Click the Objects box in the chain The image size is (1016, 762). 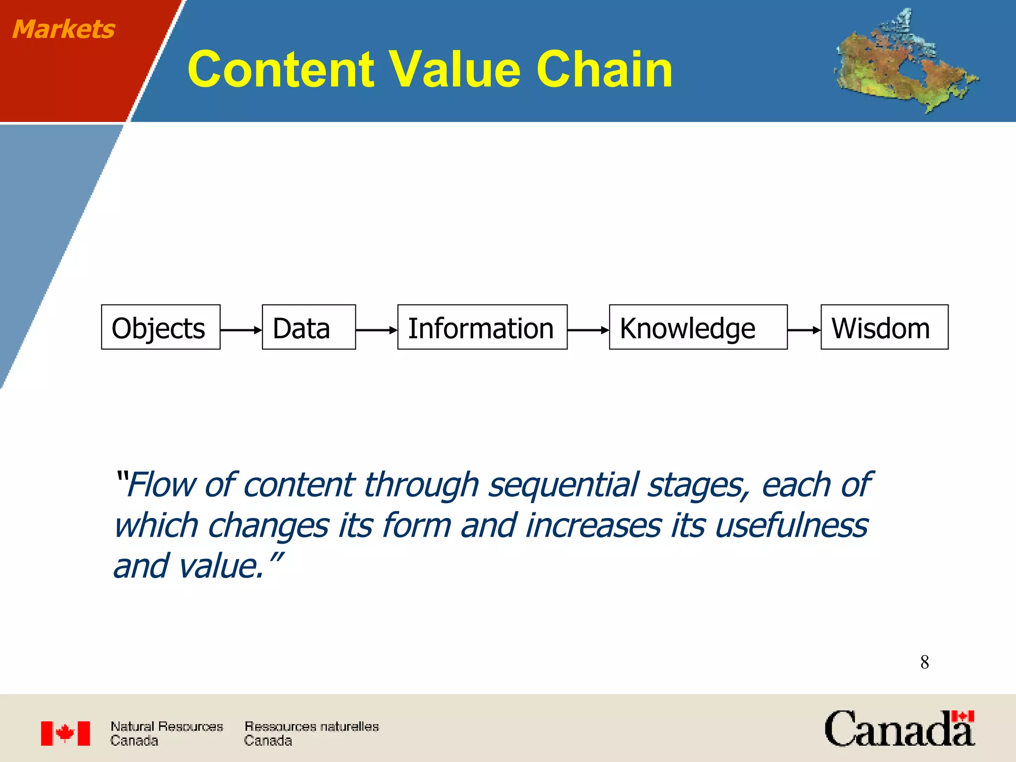(x=160, y=327)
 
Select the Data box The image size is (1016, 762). (x=309, y=327)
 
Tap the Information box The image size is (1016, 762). (x=482, y=327)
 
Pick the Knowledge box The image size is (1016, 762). (x=698, y=327)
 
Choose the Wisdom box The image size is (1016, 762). (x=884, y=327)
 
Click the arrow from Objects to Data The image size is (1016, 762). (x=241, y=330)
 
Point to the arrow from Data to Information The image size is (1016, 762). (x=377, y=330)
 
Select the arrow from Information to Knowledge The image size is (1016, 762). (x=588, y=330)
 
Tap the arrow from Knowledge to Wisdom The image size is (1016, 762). (x=804, y=330)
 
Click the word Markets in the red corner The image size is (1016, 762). (x=63, y=29)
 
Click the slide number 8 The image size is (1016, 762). (x=924, y=662)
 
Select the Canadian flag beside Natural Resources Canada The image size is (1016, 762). (x=65, y=733)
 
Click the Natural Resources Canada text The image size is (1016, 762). (x=166, y=733)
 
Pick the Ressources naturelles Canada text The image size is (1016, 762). (x=311, y=733)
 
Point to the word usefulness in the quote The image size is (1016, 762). (x=791, y=525)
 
